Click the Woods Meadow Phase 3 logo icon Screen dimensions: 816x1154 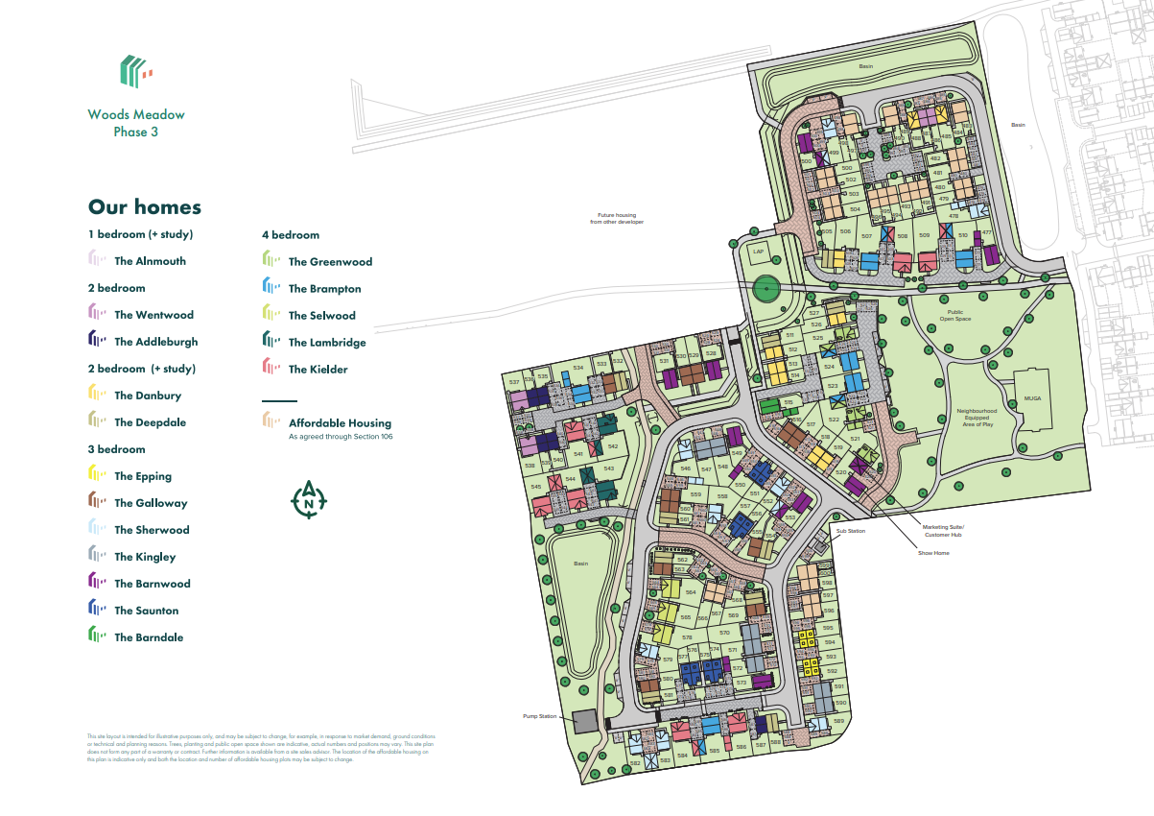[135, 71]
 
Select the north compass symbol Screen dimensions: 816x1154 [309, 499]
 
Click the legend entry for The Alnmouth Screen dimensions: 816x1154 [150, 261]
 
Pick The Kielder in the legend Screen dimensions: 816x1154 [318, 370]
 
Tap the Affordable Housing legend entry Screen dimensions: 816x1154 [339, 423]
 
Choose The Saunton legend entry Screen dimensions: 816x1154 [146, 611]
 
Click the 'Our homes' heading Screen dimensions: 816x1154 [145, 207]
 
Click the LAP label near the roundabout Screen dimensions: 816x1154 [758, 252]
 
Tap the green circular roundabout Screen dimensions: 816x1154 [765, 288]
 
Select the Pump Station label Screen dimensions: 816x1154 [540, 716]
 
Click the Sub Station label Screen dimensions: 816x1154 [850, 531]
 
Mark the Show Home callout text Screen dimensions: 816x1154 [933, 553]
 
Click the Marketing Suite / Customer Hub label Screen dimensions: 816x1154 [943, 531]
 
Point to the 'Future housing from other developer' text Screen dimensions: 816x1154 [617, 218]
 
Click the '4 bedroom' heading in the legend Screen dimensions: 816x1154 [291, 234]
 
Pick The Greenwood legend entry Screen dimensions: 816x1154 [330, 262]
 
